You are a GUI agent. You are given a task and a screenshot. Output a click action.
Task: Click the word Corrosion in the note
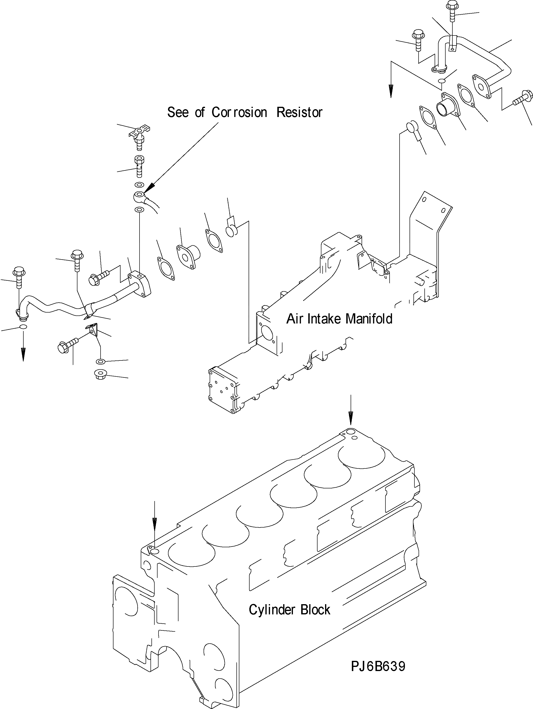pos(239,113)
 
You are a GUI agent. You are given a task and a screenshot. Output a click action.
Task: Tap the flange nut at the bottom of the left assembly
pos(100,374)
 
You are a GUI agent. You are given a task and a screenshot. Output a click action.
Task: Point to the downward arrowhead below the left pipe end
pos(23,355)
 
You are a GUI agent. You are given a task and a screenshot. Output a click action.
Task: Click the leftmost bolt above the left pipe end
pos(17,278)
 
